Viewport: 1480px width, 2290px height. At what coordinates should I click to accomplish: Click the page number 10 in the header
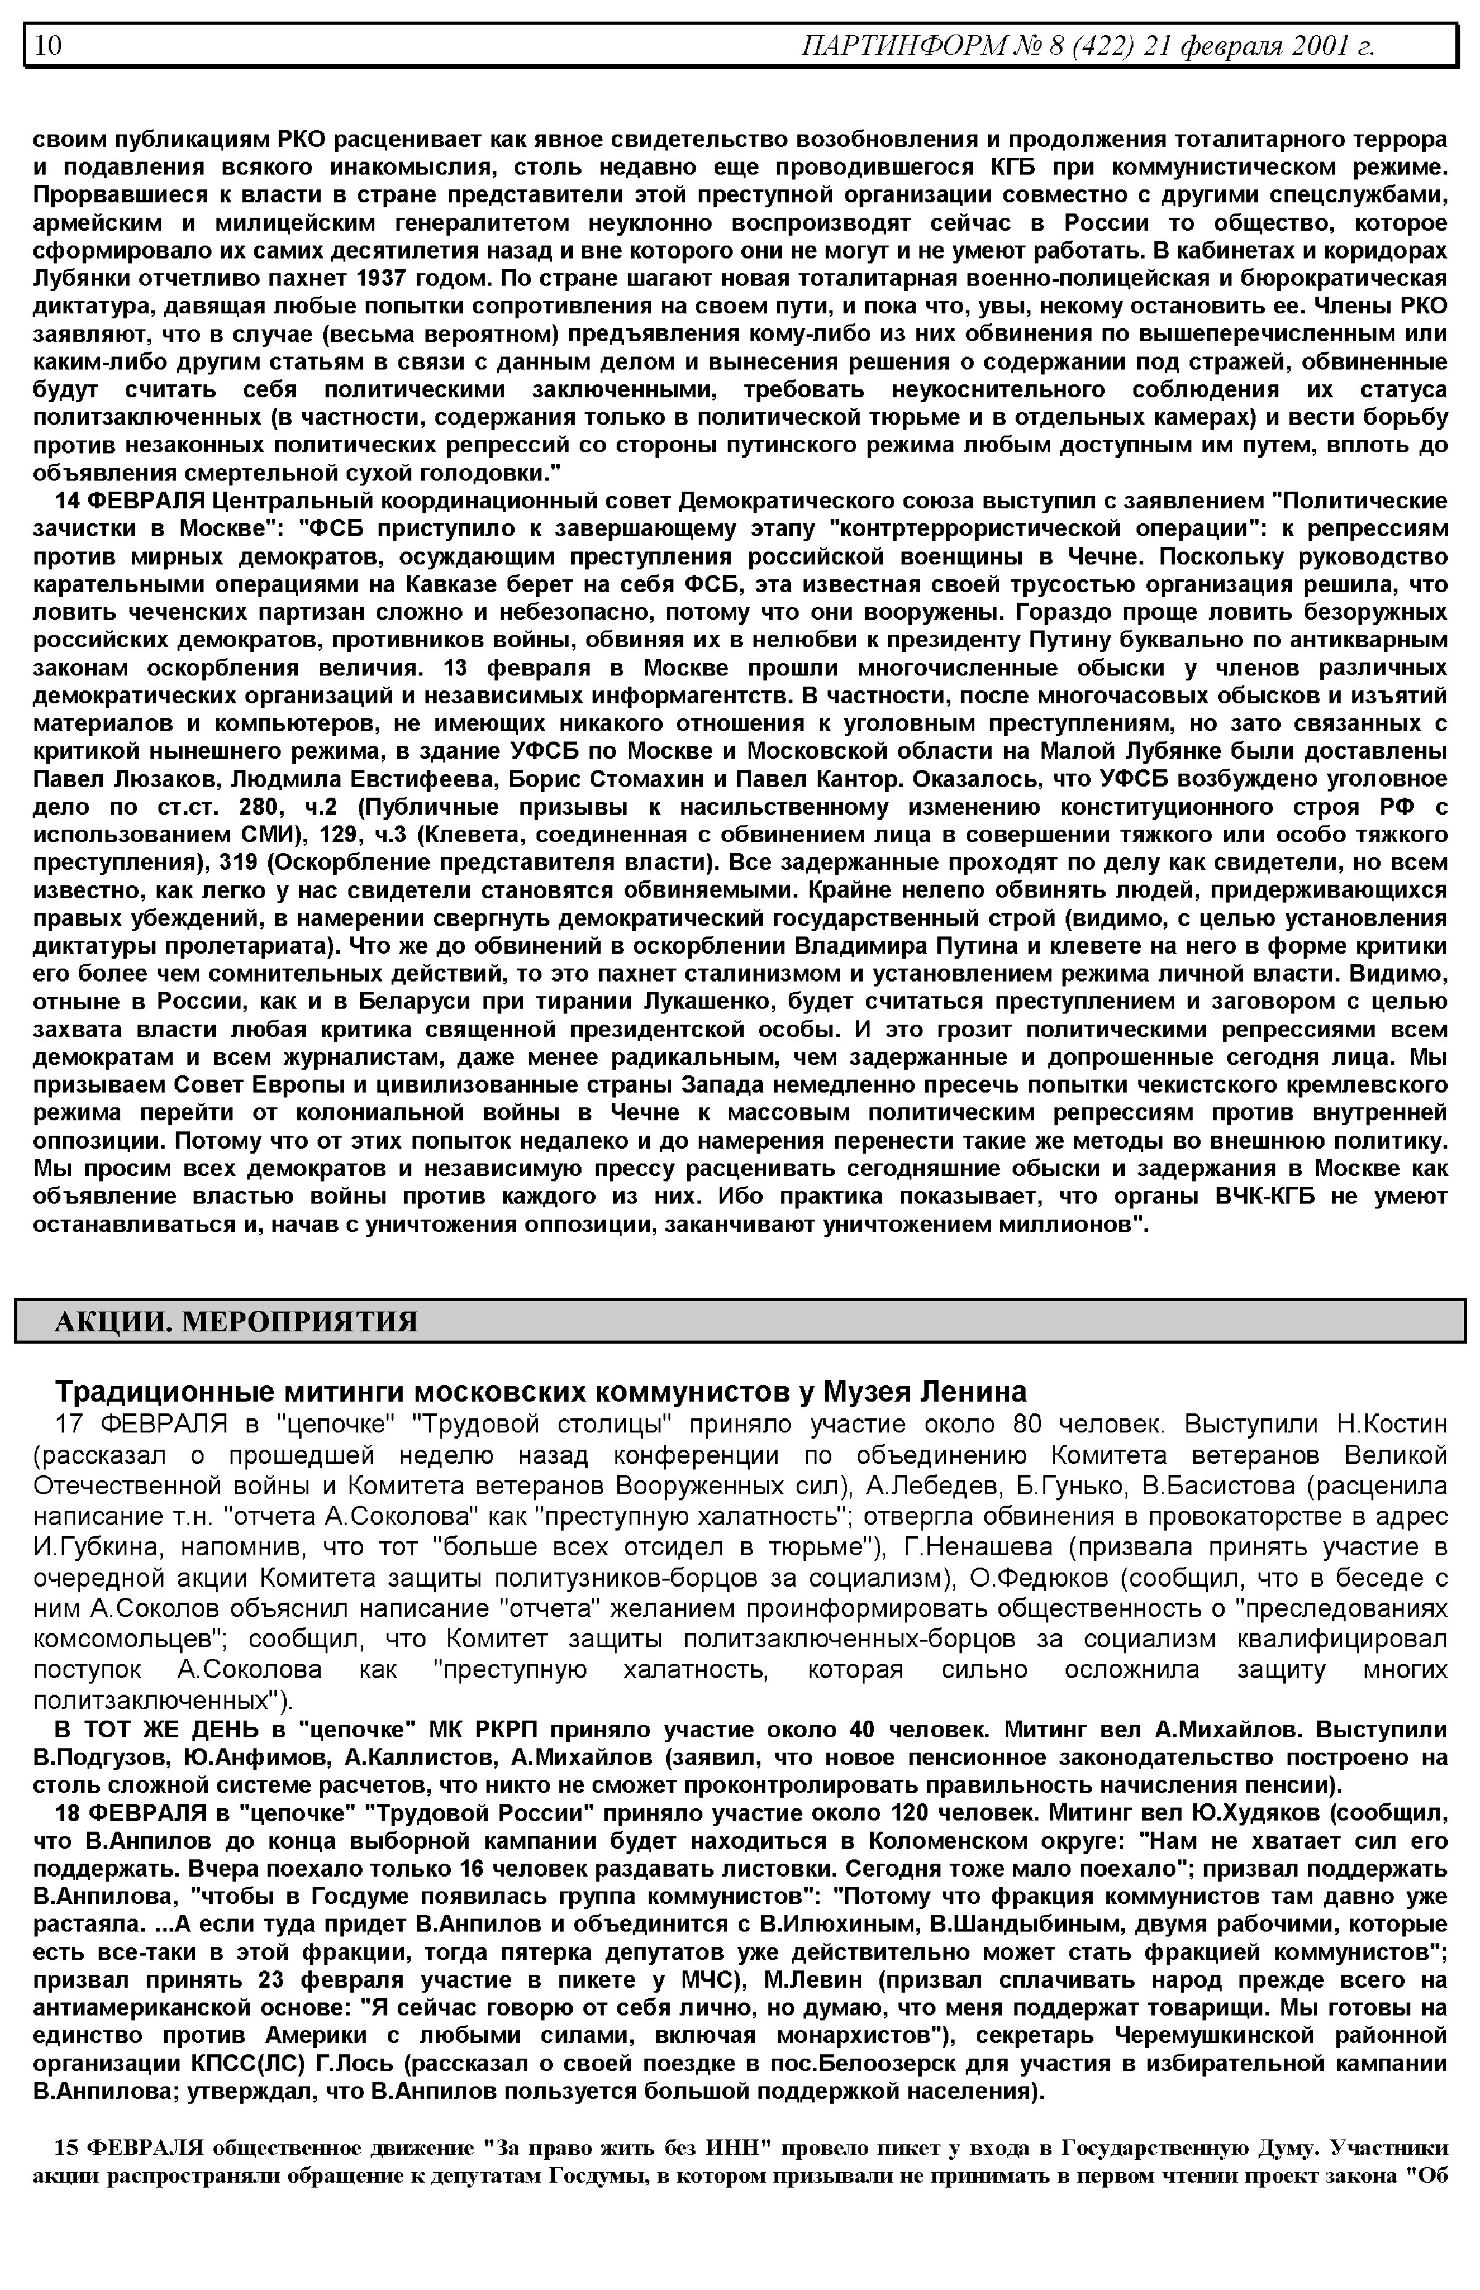pyautogui.click(x=48, y=45)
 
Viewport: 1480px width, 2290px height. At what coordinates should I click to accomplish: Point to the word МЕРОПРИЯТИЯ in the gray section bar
pyautogui.click(x=300, y=1322)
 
